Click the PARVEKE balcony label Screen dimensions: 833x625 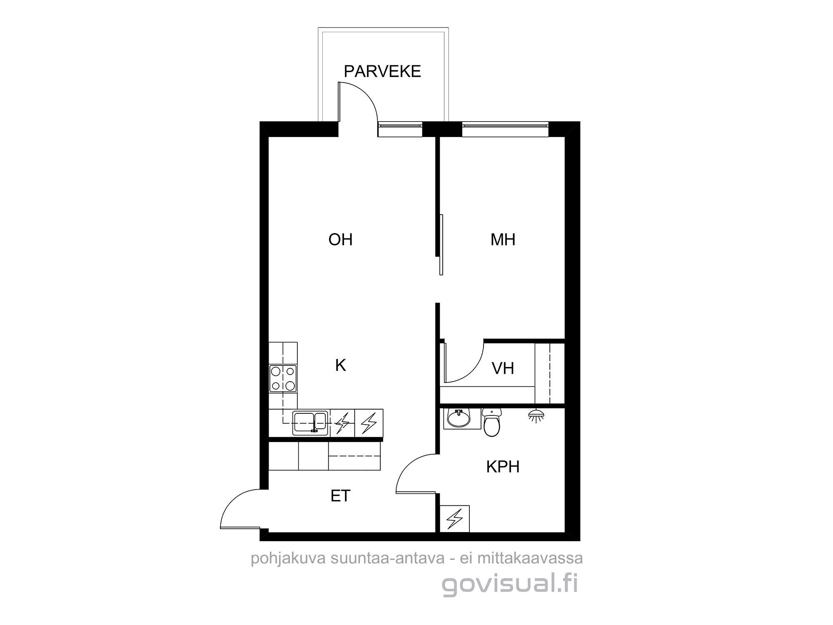382,72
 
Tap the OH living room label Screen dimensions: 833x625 340,240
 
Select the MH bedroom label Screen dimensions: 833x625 503,240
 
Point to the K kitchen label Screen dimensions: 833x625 340,365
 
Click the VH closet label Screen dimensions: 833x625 503,368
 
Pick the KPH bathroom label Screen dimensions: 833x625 503,467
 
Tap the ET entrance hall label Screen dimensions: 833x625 340,496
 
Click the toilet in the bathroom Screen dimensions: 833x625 492,422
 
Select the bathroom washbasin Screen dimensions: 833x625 458,418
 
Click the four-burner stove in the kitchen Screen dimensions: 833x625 283,379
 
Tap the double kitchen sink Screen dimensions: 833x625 310,423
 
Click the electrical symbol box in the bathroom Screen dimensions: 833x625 455,518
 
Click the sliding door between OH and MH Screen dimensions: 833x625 441,245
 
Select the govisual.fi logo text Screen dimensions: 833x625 510,585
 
